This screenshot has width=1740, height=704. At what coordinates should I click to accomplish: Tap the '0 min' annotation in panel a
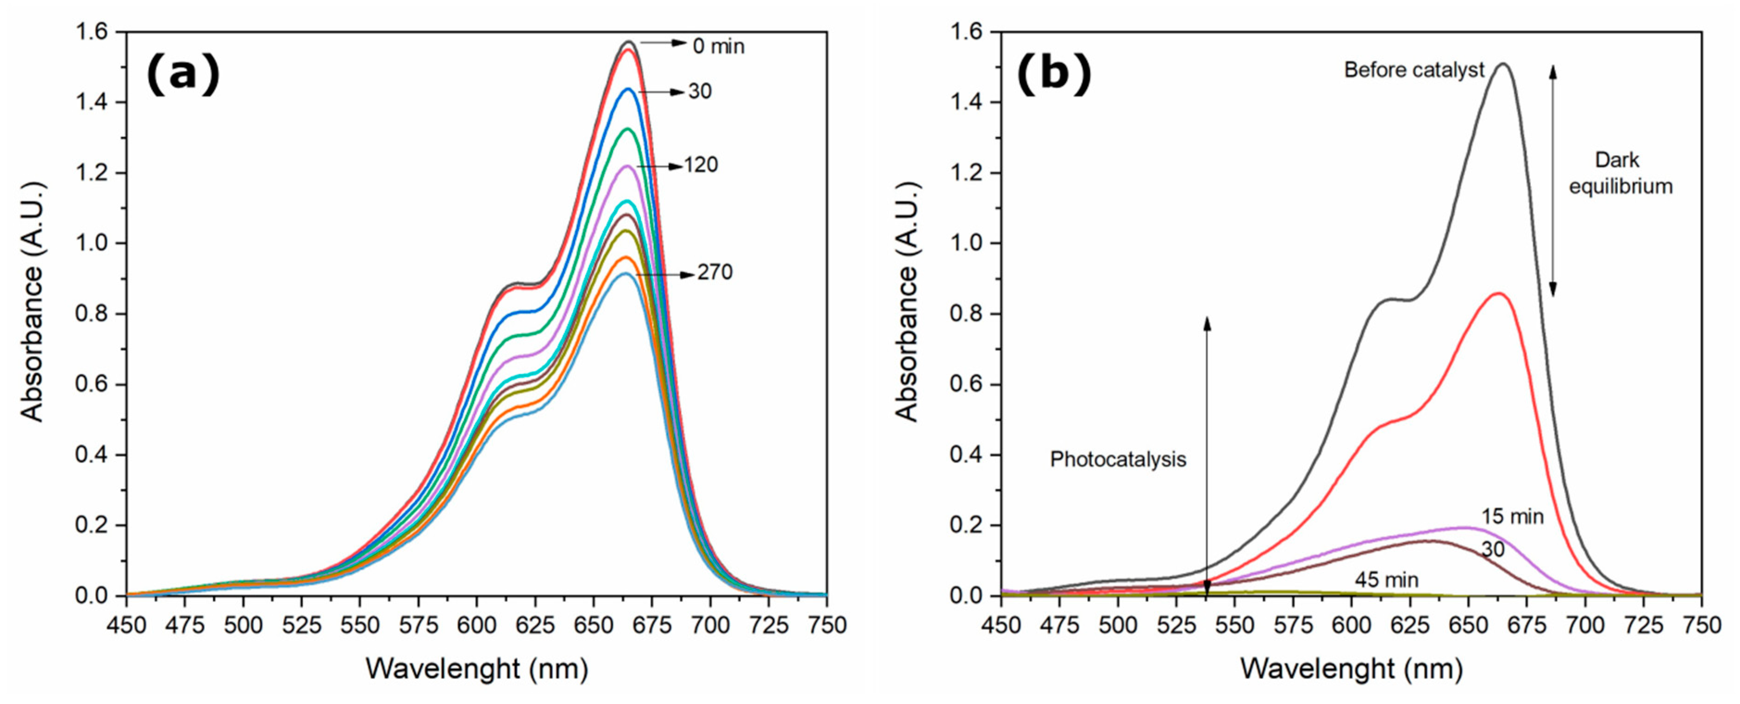[718, 47]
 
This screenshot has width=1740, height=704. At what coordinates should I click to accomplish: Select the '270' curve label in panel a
[714, 272]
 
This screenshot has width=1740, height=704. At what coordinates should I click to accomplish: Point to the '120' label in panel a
[701, 165]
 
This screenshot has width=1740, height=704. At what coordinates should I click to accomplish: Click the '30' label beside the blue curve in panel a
[700, 91]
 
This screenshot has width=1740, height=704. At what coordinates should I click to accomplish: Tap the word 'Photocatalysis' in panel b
[1117, 459]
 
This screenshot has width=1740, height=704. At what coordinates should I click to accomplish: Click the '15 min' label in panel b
[1512, 517]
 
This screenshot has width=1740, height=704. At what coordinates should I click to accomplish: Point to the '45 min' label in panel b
[1386, 580]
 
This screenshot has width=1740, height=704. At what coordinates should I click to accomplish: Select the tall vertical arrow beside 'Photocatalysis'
[1207, 457]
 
